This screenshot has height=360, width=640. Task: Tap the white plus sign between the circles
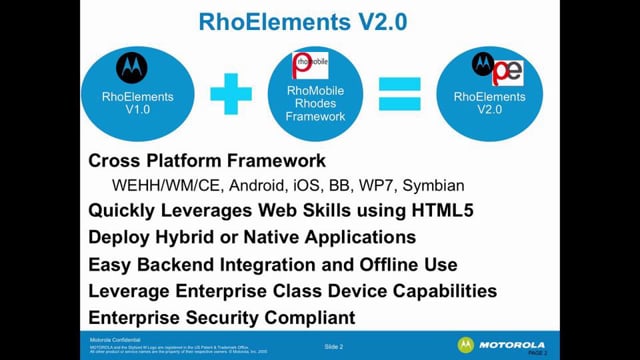pyautogui.click(x=231, y=97)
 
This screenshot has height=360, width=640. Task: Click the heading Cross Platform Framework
pyautogui.click(x=205, y=160)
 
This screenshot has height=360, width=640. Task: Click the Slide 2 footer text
pyautogui.click(x=333, y=346)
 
